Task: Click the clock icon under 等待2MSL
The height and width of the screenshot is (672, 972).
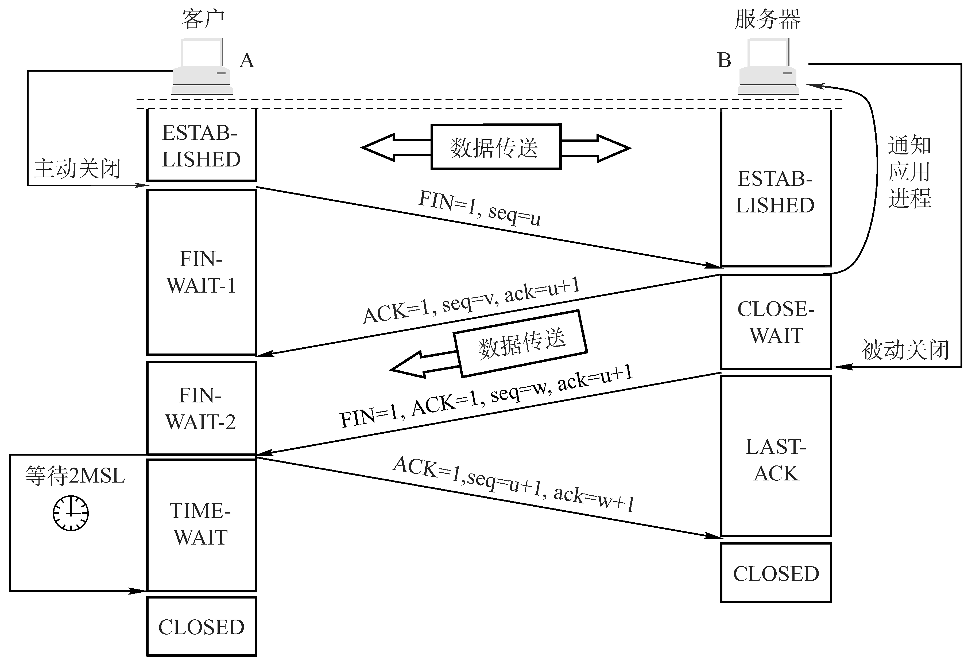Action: [x=71, y=513]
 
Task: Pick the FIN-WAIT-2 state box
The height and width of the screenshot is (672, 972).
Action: [x=202, y=407]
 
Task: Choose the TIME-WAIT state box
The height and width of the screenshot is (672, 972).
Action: [x=202, y=525]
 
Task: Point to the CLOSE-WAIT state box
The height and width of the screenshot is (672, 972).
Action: [x=776, y=322]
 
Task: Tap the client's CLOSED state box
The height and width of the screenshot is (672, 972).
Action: [x=202, y=626]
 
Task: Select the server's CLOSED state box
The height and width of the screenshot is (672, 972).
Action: [x=776, y=573]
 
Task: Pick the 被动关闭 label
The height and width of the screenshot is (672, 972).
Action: [x=905, y=350]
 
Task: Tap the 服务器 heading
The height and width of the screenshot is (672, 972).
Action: [x=767, y=19]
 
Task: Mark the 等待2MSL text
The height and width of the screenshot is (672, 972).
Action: [x=75, y=476]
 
